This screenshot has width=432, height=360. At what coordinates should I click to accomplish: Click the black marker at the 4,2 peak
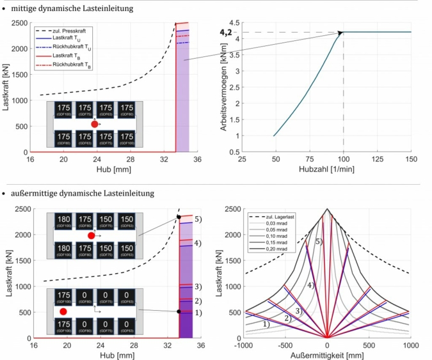click(x=341, y=33)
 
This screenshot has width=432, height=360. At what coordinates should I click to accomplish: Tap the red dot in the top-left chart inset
click(x=95, y=124)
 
